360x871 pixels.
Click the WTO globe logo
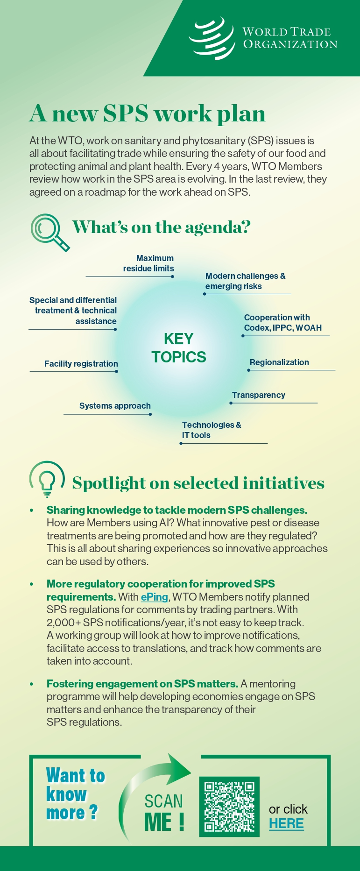click(x=212, y=38)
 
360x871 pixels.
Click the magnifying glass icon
click(x=49, y=232)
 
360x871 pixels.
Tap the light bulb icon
click(x=47, y=479)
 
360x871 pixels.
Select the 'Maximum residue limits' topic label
click(x=148, y=263)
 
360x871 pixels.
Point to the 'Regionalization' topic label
click(x=279, y=362)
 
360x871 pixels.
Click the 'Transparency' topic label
click(x=259, y=395)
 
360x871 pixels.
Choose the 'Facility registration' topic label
click(x=81, y=364)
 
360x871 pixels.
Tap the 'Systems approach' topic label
click(x=115, y=406)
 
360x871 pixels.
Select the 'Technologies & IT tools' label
click(x=212, y=430)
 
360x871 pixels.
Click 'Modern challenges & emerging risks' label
click(x=245, y=281)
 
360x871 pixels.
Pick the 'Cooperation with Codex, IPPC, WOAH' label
click(x=283, y=323)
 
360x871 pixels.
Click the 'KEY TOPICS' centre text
click(x=179, y=348)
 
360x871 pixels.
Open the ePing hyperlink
click(x=154, y=597)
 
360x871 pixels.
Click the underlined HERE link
click(x=286, y=823)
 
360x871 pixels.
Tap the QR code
click(x=229, y=807)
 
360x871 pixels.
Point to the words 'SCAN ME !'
click(x=164, y=813)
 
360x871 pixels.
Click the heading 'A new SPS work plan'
click(x=147, y=113)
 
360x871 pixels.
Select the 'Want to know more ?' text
click(x=76, y=794)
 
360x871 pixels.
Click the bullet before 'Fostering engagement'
click(x=32, y=684)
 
